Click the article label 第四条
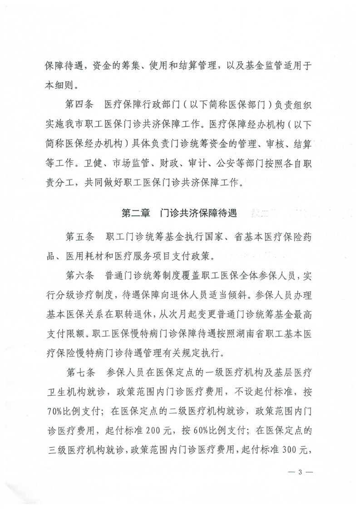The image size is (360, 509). click(79, 105)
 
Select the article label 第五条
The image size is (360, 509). click(79, 237)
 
